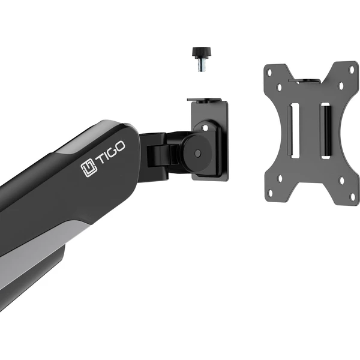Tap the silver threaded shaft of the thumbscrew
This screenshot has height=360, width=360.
(x=202, y=65)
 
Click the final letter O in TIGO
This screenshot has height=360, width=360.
(x=119, y=146)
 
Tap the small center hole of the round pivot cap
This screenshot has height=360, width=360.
(x=197, y=153)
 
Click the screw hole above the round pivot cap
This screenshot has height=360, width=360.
(x=205, y=127)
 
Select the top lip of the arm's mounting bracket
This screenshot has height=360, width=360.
(x=204, y=100)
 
